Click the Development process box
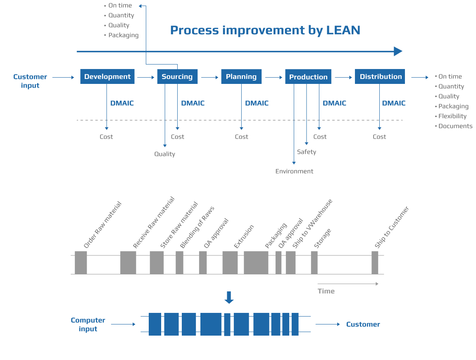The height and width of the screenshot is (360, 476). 107,76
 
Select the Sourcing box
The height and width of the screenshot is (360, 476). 177,76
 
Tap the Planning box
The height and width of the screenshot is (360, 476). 241,76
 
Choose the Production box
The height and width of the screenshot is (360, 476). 308,77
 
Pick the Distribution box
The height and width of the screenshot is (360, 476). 380,76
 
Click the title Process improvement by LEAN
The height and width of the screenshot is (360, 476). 265,30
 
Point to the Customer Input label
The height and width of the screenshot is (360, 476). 30,81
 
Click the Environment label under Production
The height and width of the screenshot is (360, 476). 294,171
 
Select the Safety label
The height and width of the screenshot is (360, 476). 307,152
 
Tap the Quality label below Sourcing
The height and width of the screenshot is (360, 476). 164,154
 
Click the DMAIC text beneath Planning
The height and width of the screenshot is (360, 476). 257,103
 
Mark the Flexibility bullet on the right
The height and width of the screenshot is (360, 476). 452,116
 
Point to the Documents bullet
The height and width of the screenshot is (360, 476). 455,126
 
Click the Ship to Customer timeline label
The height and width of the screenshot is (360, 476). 392,227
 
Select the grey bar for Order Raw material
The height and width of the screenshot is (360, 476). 81,262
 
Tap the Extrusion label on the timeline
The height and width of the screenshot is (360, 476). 244,237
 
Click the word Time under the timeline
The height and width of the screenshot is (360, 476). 326,291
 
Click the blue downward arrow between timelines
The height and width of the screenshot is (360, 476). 229,298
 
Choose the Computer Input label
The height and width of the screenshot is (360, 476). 88,324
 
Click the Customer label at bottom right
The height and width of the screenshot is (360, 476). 363,324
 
